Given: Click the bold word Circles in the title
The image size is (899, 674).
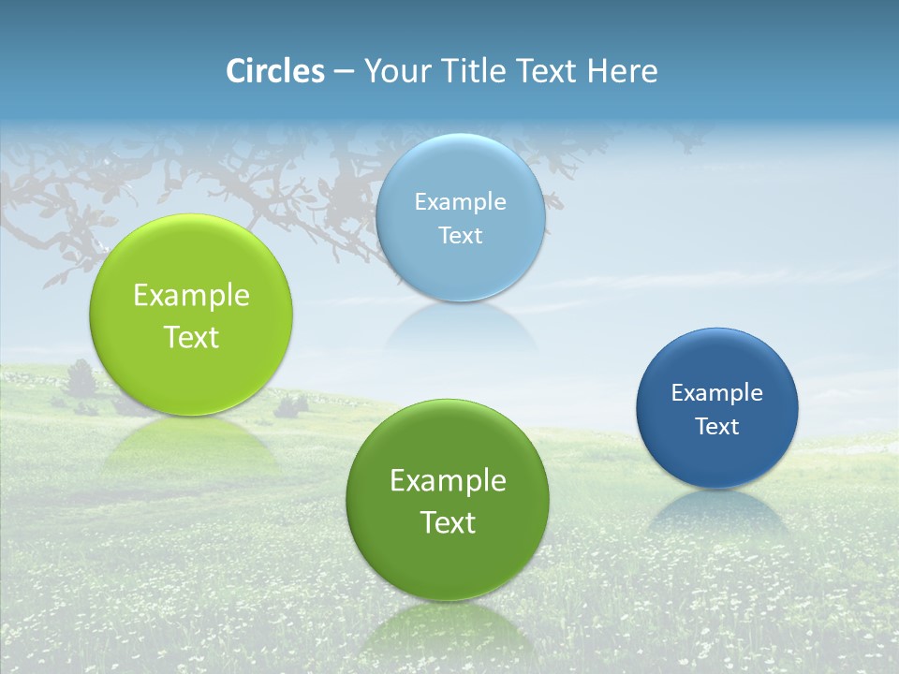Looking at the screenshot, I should [x=274, y=71].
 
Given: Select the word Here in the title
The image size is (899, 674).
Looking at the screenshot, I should [x=622, y=71].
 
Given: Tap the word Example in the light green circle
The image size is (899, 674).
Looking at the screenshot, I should [x=191, y=296].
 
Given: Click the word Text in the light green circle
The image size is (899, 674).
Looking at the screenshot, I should [x=191, y=337].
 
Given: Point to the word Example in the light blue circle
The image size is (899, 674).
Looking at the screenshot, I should [x=460, y=202].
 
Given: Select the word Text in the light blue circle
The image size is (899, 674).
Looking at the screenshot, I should [x=460, y=236].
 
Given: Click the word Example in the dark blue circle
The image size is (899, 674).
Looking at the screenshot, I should [x=716, y=393].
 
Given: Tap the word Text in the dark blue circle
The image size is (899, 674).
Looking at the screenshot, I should [x=716, y=427].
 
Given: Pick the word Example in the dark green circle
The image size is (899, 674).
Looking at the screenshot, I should [x=448, y=481].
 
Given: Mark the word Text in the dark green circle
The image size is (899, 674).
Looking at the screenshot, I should [x=448, y=522].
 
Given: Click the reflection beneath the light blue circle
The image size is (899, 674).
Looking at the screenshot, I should [x=460, y=328].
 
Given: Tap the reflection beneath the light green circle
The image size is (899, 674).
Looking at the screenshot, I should [x=191, y=445].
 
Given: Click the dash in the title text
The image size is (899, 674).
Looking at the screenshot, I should [x=343, y=71].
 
